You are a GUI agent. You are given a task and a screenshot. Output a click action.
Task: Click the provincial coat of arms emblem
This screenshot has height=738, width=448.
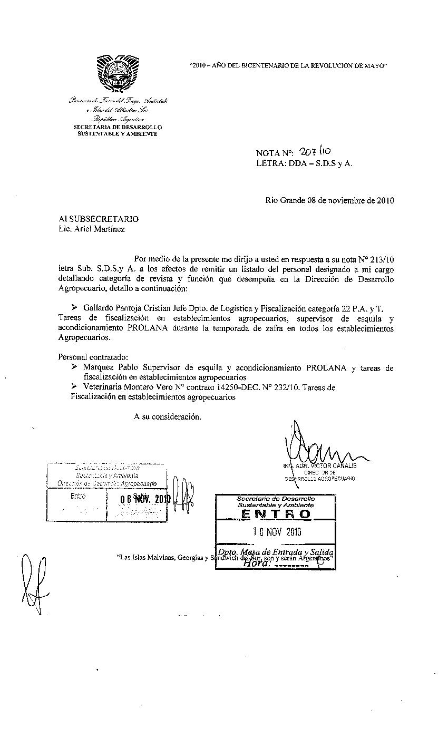118,73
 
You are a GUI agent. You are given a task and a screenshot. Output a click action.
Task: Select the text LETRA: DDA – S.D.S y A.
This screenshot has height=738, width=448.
305,163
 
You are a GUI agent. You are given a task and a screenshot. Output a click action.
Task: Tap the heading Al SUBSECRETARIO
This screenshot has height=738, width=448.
99,219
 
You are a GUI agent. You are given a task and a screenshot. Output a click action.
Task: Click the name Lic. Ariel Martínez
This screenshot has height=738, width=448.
92,229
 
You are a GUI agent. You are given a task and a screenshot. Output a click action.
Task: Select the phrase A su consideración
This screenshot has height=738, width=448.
167,416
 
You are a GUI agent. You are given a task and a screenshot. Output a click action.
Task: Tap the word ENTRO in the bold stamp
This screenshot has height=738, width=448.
275,514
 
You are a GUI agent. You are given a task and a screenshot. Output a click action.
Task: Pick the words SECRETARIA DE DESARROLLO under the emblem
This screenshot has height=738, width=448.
117,127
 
